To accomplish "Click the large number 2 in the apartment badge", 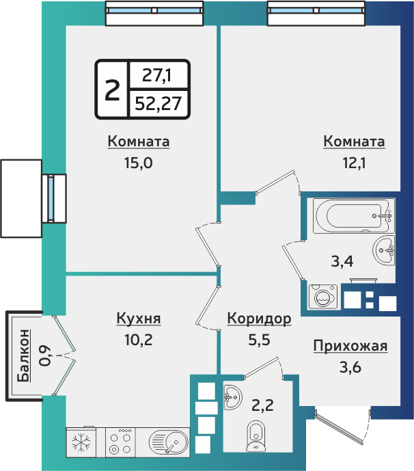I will (x=111, y=89).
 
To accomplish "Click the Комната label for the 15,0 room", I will (x=138, y=142).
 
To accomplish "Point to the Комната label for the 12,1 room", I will (x=354, y=142).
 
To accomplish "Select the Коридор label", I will (x=259, y=319).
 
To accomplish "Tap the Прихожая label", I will (x=350, y=346).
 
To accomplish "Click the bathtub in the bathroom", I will (x=352, y=217).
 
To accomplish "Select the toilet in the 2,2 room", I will (x=256, y=434).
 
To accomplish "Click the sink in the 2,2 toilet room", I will (x=232, y=394).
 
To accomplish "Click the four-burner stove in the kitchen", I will (x=121, y=442).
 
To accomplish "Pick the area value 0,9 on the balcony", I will (x=45, y=355).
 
